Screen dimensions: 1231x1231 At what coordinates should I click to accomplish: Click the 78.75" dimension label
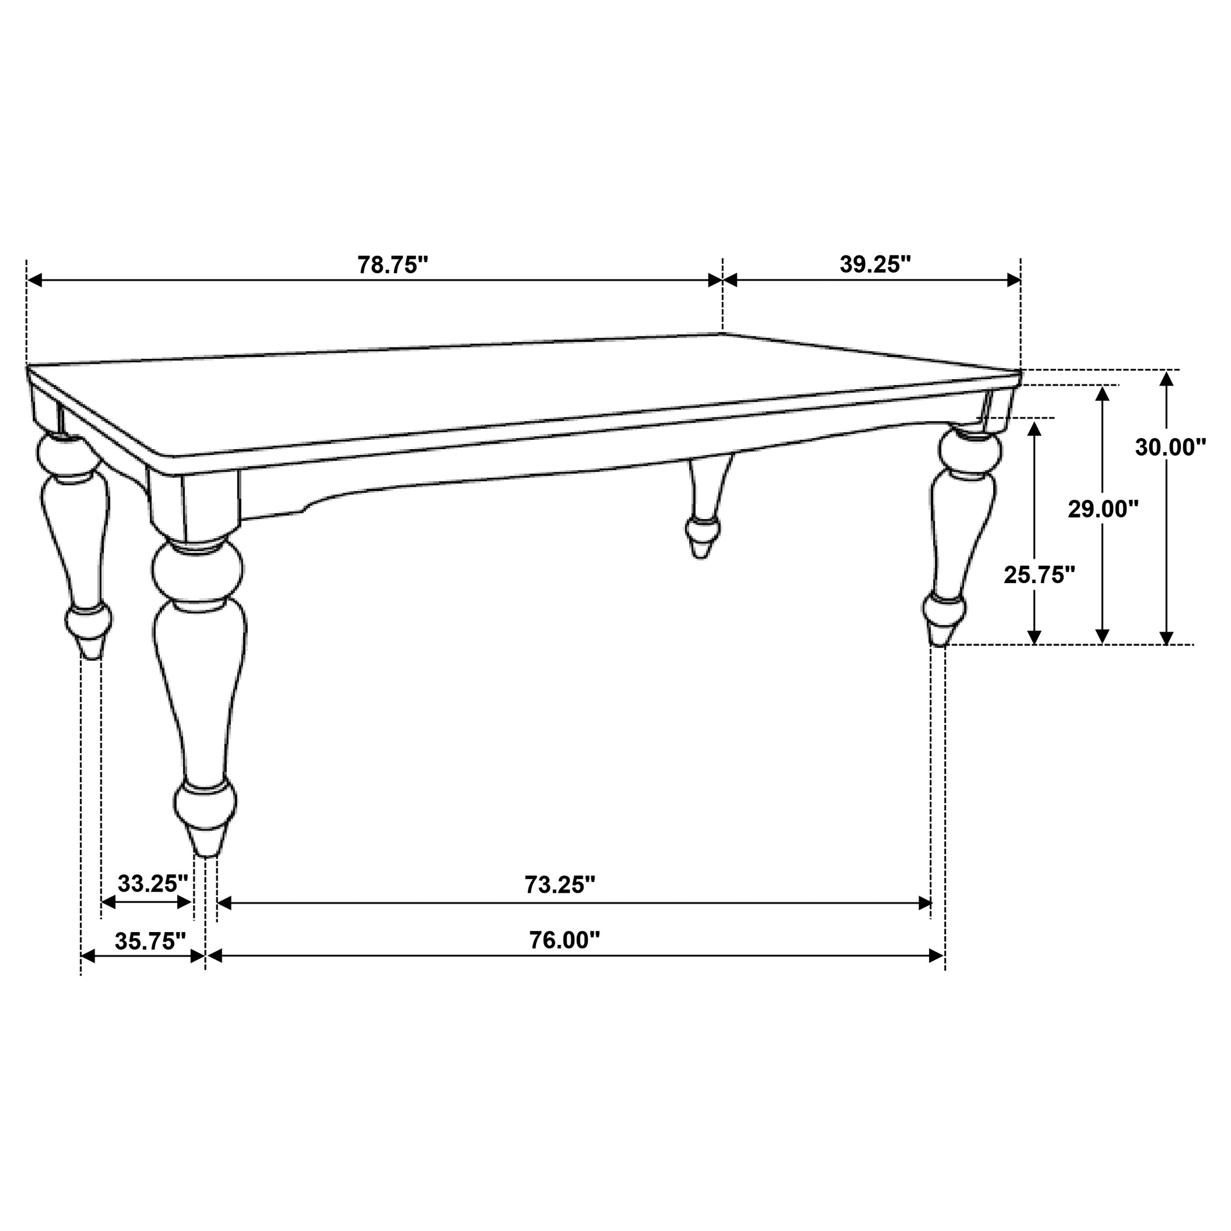[392, 265]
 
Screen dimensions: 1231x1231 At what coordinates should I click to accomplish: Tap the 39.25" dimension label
[875, 264]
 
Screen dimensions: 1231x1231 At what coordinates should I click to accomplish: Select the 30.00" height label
[1170, 447]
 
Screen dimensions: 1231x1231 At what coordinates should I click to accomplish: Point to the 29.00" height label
[1103, 509]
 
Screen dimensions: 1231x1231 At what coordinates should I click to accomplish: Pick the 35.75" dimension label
[150, 941]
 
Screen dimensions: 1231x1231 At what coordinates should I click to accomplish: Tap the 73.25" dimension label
[559, 884]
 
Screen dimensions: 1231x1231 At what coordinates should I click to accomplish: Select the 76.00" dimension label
[564, 940]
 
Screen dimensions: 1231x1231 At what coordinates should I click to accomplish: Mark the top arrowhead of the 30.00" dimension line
[1166, 379]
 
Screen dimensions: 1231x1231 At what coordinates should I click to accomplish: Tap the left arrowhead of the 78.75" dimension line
[34, 280]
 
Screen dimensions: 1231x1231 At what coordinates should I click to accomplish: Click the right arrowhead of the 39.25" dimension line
[1013, 280]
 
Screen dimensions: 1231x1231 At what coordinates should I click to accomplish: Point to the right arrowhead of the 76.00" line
[936, 956]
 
